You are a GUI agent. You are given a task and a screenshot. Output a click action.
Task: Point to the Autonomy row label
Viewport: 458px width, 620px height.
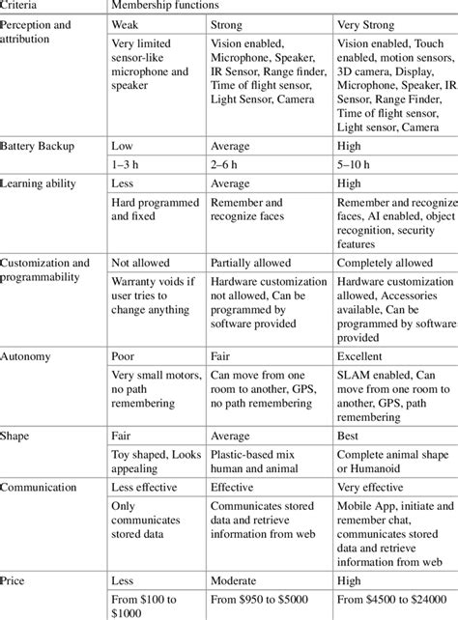click(x=27, y=355)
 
